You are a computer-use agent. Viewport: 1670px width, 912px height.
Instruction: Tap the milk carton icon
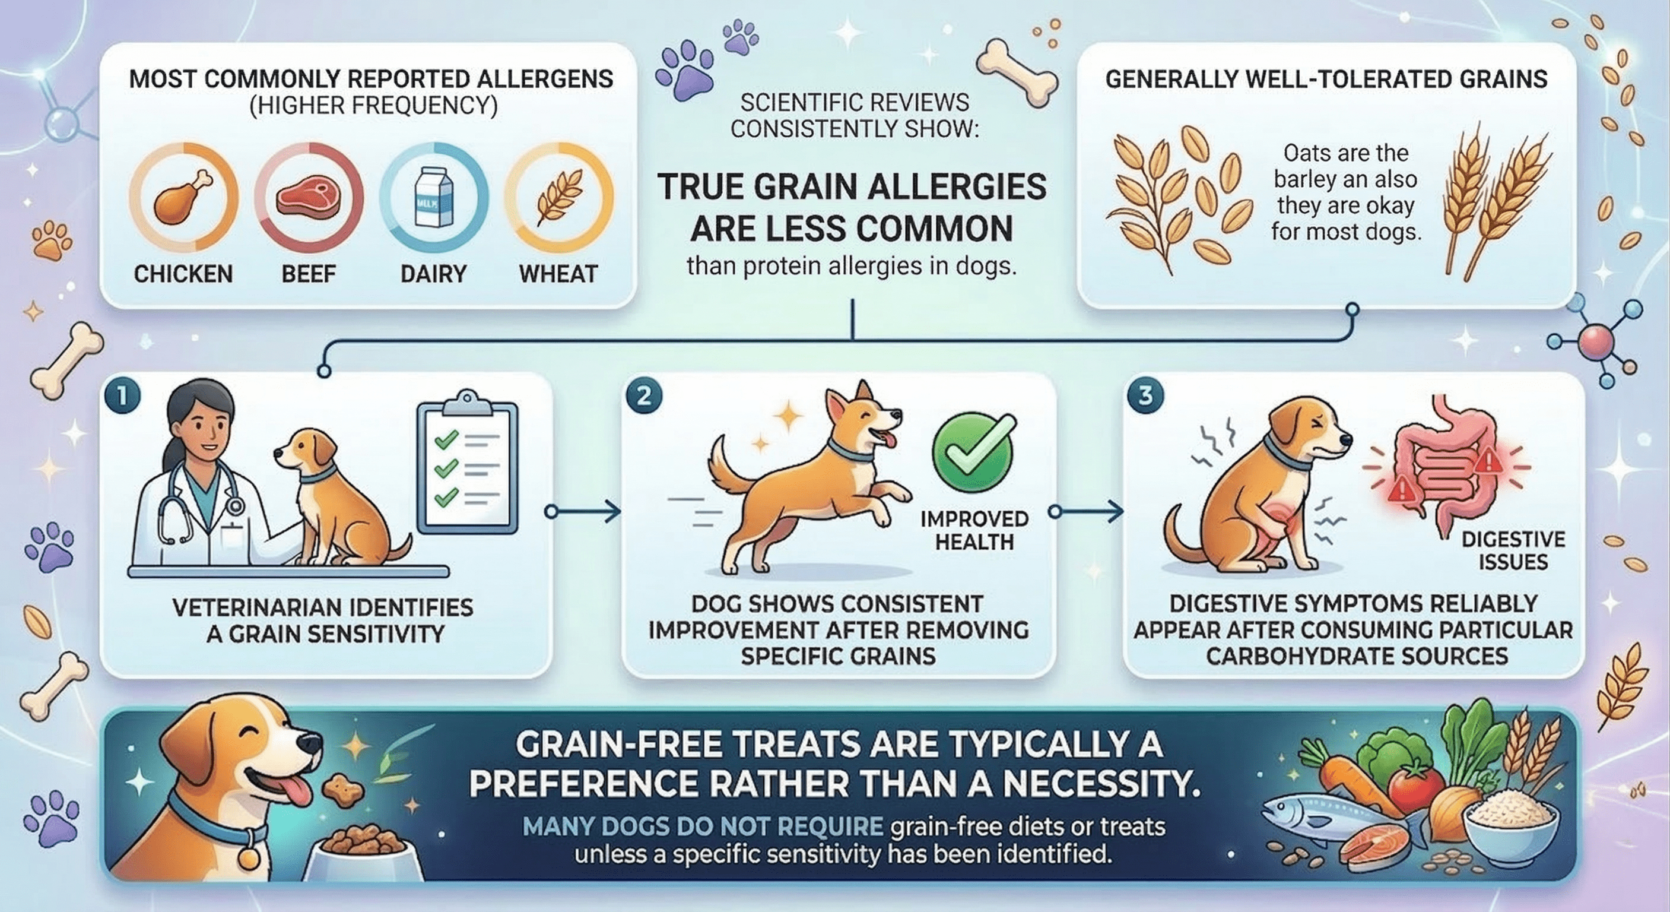pyautogui.click(x=434, y=196)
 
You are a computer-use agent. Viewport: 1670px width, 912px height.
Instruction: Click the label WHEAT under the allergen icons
pyautogui.click(x=558, y=274)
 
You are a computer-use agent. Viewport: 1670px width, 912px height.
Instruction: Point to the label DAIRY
pyautogui.click(x=434, y=274)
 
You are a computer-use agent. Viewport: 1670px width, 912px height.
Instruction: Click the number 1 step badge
pyautogui.click(x=122, y=395)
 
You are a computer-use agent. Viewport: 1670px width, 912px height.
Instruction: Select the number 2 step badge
pyautogui.click(x=644, y=395)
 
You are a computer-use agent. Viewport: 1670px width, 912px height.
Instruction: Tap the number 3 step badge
pyautogui.click(x=1145, y=395)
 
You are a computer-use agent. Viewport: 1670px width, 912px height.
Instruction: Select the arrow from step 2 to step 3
pyautogui.click(x=1085, y=512)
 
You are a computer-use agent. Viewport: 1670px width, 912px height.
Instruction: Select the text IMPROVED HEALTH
pyautogui.click(x=974, y=530)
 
